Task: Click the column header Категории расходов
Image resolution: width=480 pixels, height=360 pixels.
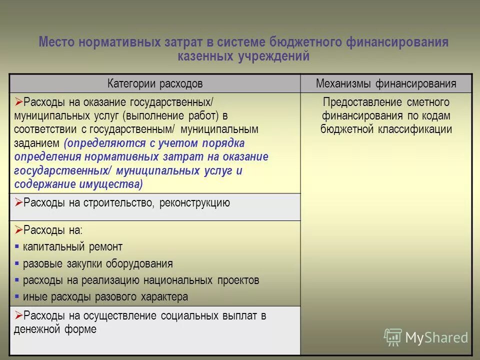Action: (x=155, y=83)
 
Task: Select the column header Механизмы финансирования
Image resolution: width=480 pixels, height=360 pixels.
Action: (x=386, y=83)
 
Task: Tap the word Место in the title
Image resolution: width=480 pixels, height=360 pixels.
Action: (x=57, y=42)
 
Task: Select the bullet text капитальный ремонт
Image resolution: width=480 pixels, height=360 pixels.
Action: (x=72, y=246)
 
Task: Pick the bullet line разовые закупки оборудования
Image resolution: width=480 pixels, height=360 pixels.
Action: (x=97, y=263)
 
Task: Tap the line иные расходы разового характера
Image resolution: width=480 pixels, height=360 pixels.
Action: (x=105, y=296)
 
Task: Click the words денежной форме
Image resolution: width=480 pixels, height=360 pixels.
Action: (x=55, y=329)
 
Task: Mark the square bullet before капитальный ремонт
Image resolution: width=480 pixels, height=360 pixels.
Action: (x=17, y=247)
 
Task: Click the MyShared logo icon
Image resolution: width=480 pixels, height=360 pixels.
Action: (x=392, y=337)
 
